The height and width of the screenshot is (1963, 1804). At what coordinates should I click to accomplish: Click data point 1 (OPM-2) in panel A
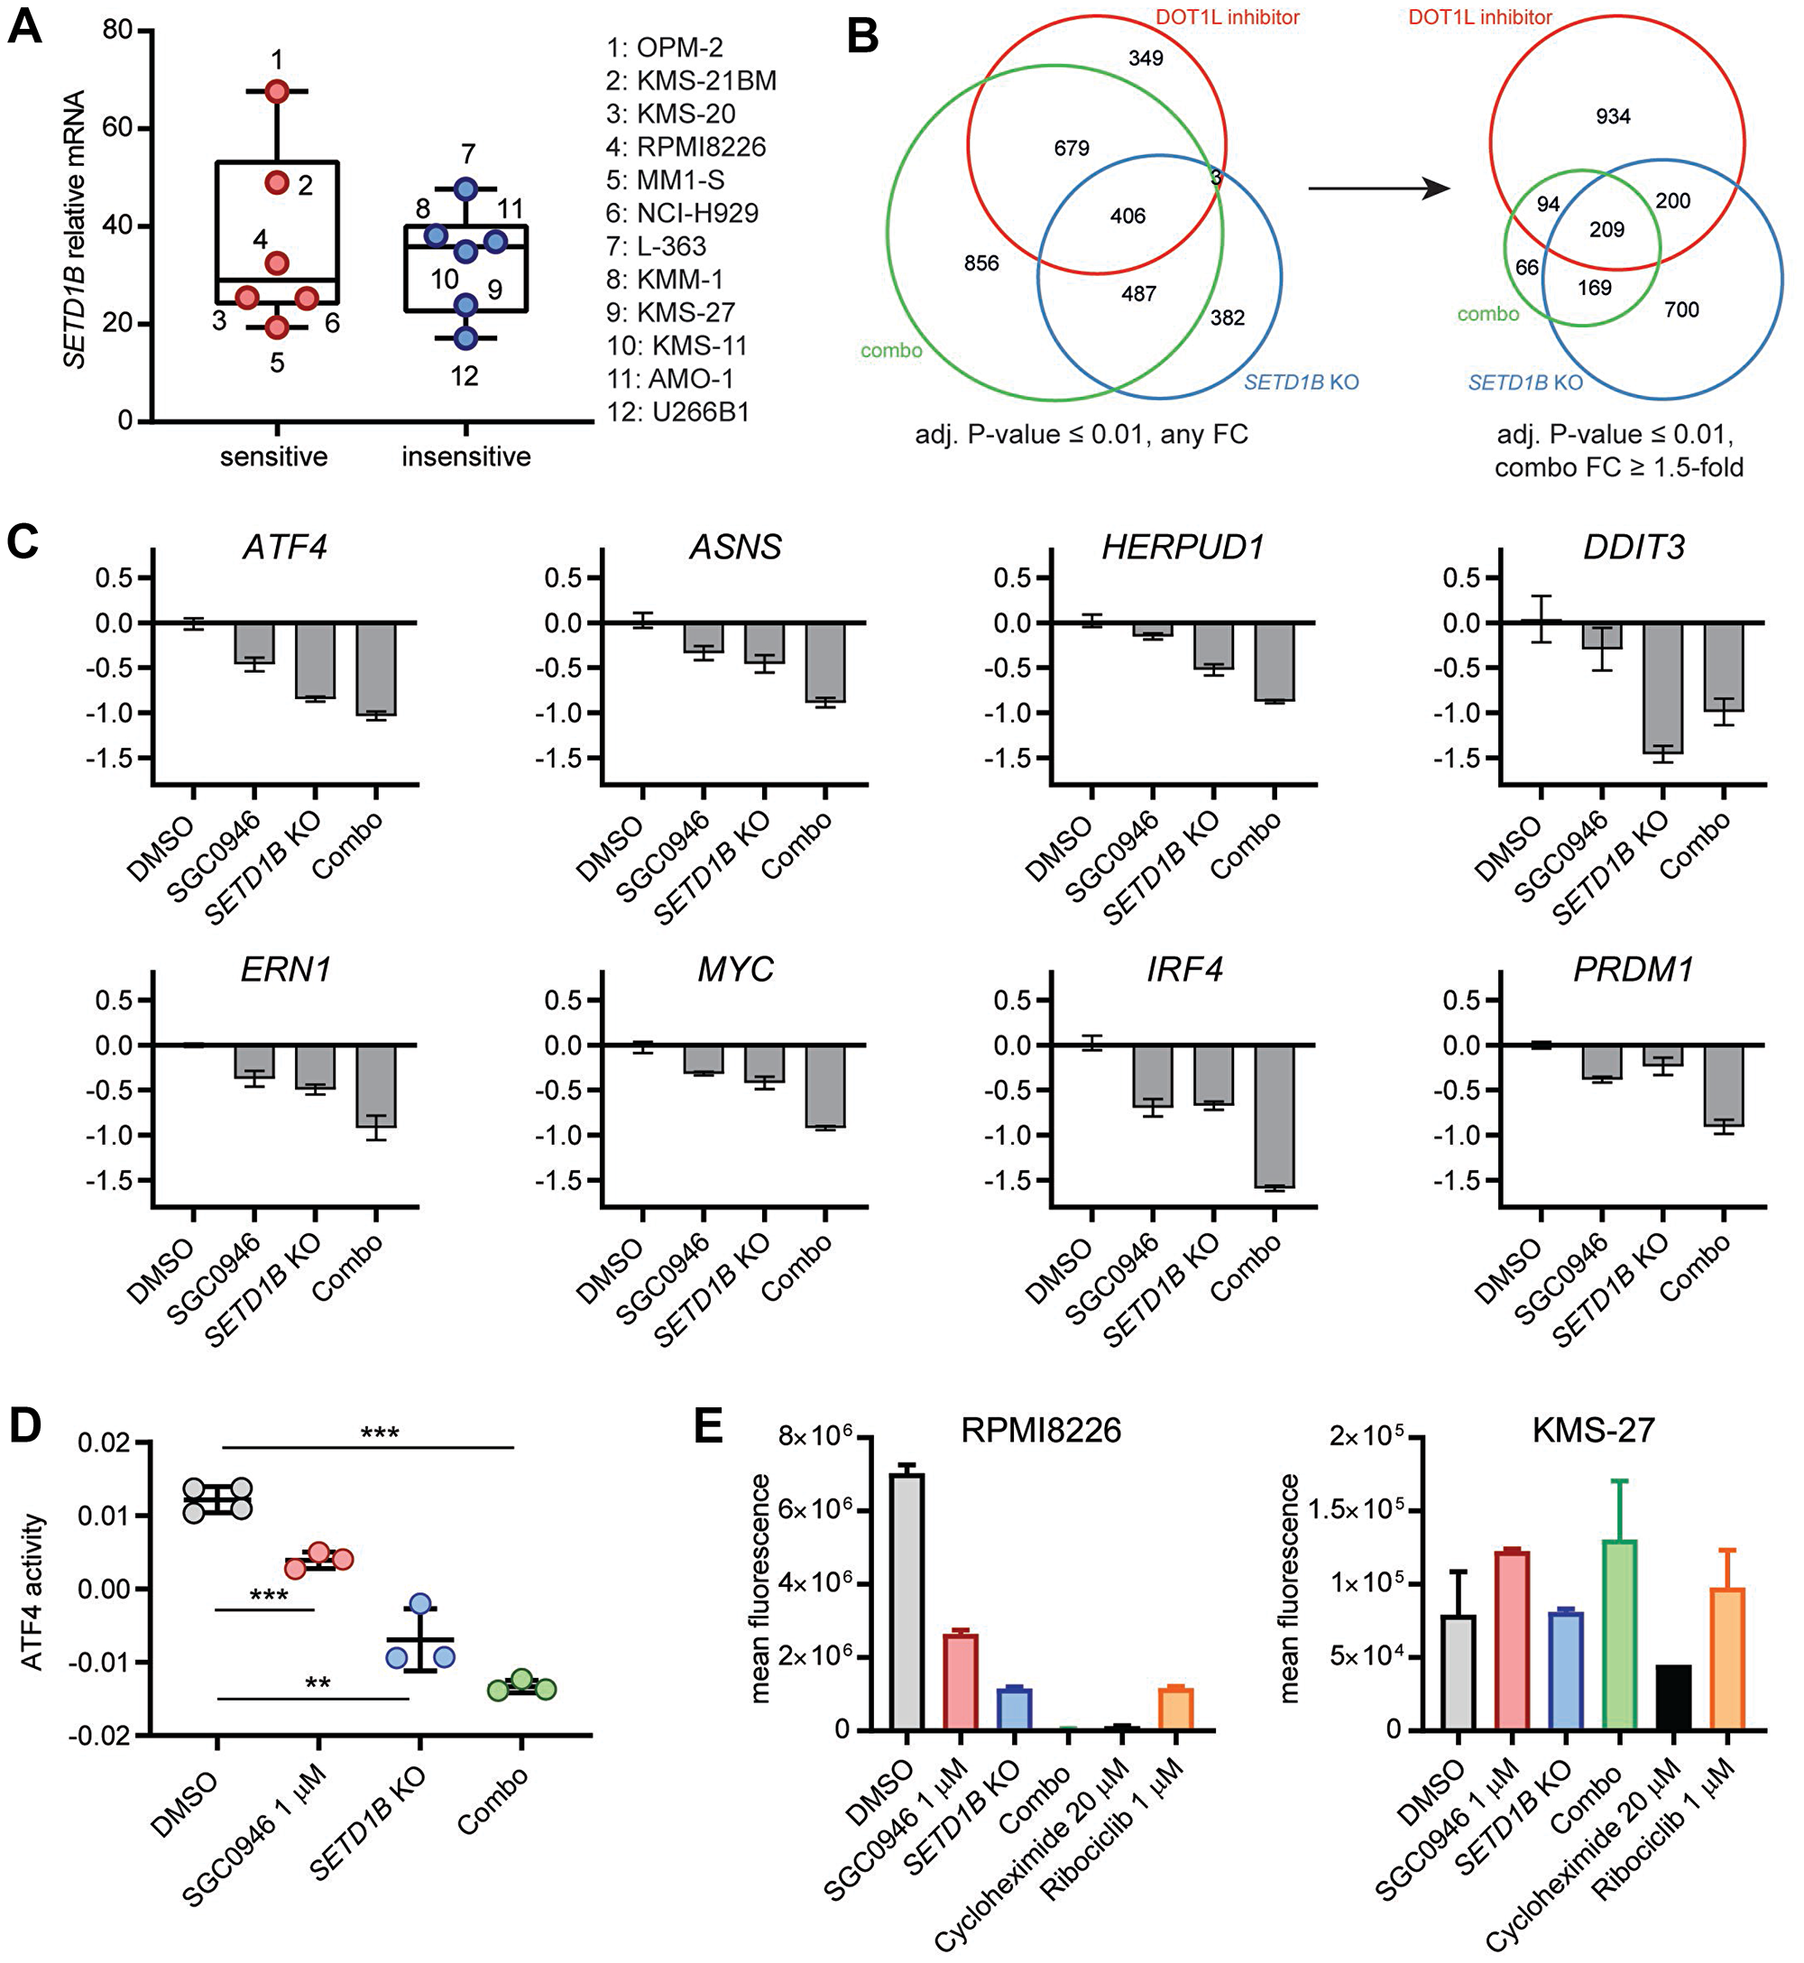(x=277, y=92)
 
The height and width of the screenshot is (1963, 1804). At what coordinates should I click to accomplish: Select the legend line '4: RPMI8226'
(x=686, y=147)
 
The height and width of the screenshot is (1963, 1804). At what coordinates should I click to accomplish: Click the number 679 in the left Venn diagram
(x=1071, y=148)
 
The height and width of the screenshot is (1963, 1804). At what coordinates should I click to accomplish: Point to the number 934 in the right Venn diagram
(x=1613, y=117)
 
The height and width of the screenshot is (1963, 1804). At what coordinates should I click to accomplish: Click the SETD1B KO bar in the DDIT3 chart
(x=1662, y=688)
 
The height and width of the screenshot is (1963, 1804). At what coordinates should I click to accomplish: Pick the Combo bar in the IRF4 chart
(x=1274, y=1116)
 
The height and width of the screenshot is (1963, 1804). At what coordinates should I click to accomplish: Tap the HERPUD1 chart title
(x=1183, y=548)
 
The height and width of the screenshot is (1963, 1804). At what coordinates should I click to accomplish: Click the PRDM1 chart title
(x=1634, y=971)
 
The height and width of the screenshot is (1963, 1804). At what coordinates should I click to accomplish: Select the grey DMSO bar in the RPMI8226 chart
(x=907, y=1602)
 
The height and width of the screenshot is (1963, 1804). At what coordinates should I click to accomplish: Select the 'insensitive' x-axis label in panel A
(x=465, y=456)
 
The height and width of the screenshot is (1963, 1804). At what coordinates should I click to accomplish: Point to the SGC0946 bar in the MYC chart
(x=703, y=1059)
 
